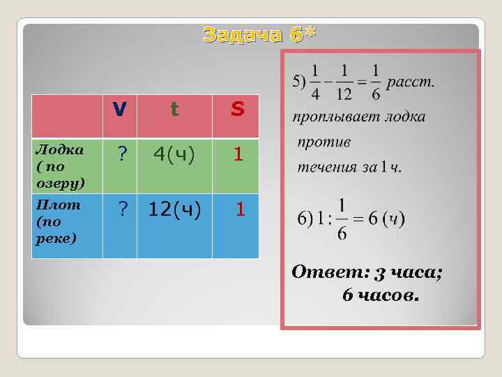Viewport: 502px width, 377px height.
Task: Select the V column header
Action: click(x=120, y=110)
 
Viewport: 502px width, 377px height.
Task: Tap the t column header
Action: click(x=174, y=110)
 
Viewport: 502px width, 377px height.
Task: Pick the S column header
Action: click(x=237, y=110)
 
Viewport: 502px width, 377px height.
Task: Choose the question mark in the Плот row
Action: click(x=121, y=209)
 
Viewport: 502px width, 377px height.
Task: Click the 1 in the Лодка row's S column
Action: click(x=238, y=155)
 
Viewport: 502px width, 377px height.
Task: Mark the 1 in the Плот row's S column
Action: click(x=239, y=209)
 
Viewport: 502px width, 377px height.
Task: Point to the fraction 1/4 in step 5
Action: click(x=315, y=82)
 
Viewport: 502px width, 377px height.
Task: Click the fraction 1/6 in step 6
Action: click(x=342, y=219)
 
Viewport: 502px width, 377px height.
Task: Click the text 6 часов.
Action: click(x=381, y=295)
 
